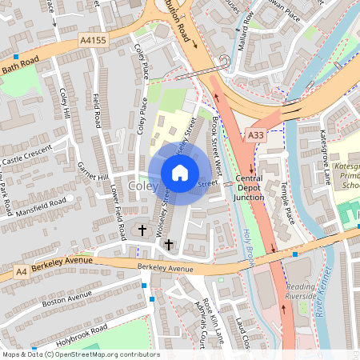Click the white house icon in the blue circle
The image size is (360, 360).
coord(179,172)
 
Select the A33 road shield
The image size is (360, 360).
coord(255,136)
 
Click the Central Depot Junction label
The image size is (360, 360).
coord(248,188)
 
